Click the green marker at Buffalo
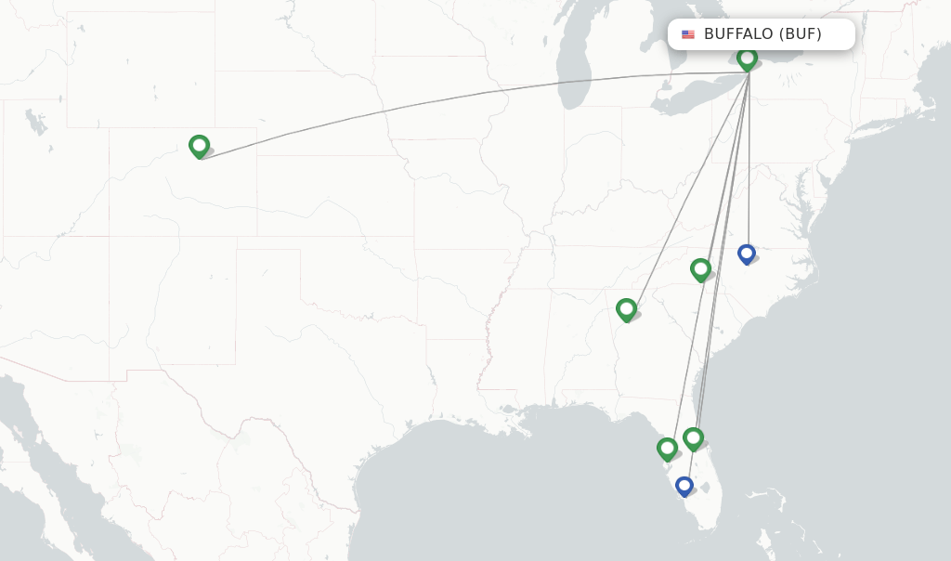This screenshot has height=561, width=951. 747,59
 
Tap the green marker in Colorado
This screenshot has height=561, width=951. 199,146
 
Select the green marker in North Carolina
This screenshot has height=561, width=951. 700,269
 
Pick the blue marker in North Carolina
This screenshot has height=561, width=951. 746,253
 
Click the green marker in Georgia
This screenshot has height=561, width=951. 626,309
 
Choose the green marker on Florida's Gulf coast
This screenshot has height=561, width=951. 667,449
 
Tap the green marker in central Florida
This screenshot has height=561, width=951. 693,438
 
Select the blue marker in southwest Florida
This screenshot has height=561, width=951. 684,486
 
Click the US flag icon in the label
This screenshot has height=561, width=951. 688,34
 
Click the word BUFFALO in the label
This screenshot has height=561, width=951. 738,34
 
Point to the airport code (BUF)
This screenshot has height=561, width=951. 801,34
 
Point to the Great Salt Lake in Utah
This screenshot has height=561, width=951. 34,121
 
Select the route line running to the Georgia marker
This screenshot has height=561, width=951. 687,186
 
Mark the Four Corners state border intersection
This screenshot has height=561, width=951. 109,236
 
